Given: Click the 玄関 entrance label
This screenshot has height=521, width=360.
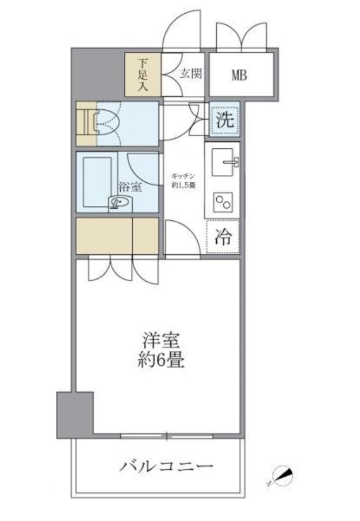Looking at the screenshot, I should [190, 74].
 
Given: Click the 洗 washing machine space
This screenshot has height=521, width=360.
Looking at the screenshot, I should [224, 120].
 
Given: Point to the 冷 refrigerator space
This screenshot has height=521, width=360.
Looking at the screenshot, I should [224, 237].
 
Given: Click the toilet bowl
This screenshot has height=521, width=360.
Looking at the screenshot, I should [107, 122].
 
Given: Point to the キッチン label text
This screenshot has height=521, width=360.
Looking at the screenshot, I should [183, 177].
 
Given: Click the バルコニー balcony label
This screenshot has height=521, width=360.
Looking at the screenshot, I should [158, 466].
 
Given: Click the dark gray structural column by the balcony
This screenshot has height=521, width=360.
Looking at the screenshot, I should [74, 415].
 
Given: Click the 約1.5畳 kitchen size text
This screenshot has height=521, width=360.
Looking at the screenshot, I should [183, 185].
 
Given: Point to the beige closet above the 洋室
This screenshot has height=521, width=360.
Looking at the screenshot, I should [117, 235].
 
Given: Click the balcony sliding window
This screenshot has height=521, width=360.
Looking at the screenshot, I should [166, 436].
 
